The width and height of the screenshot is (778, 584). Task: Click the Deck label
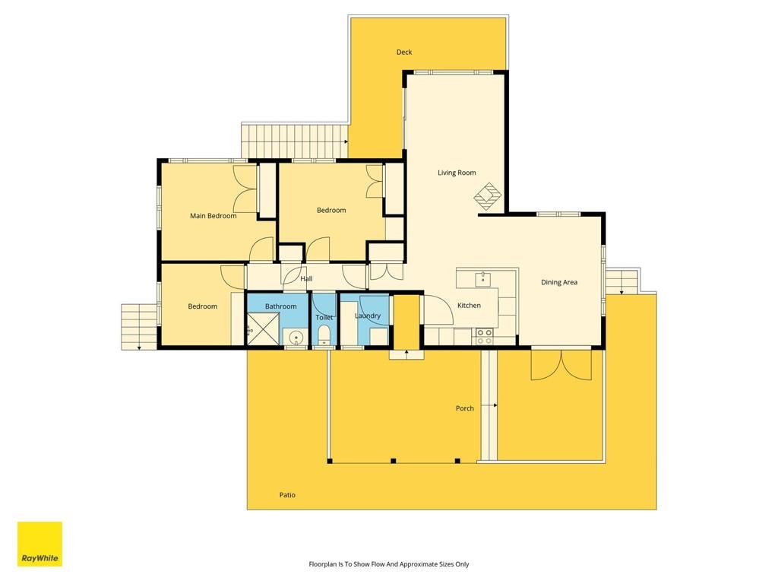404,52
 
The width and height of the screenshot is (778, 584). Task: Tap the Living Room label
457,173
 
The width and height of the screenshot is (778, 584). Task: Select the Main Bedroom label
213,216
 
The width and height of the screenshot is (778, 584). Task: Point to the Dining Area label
559,283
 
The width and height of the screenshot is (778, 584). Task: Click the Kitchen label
469,306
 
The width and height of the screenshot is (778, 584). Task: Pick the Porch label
464,408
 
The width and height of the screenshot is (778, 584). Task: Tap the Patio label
287,495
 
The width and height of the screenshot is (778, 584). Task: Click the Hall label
306,279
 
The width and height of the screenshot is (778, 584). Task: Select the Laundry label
368,316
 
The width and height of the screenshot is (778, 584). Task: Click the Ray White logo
40,544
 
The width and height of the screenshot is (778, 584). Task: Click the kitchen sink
482,279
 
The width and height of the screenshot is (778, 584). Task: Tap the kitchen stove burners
484,336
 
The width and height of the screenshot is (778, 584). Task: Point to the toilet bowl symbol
324,335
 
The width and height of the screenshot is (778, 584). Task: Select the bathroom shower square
263,328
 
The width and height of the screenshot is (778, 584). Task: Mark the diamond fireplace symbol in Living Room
487,196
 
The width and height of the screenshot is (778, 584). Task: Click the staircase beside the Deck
295,141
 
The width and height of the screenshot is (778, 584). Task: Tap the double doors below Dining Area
561,365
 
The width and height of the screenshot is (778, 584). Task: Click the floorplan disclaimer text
389,564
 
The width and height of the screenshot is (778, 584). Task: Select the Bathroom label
281,306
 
